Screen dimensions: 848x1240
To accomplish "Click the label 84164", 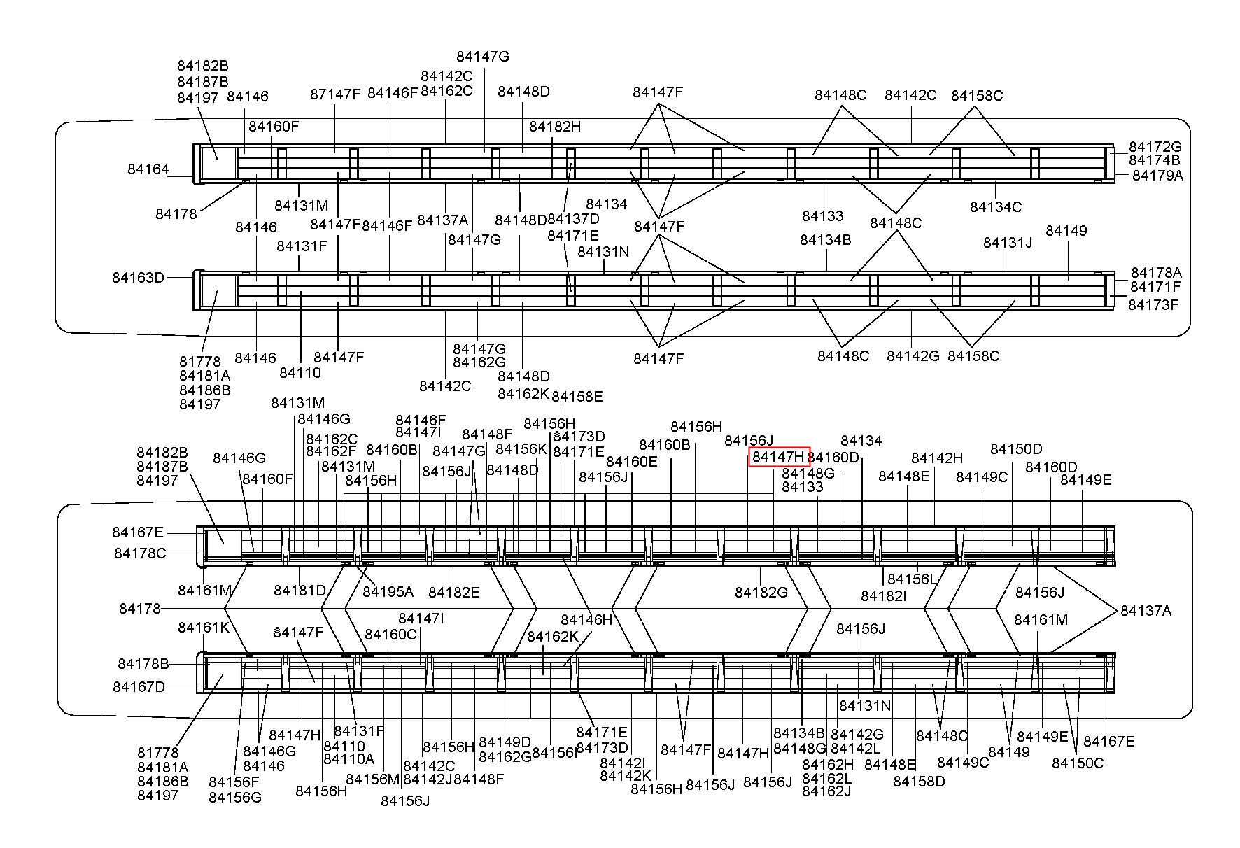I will pos(148,169).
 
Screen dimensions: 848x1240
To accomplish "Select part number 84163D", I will pos(138,278).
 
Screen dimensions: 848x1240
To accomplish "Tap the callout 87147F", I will pos(335,94).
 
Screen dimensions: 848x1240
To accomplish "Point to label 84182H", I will pos(555,127).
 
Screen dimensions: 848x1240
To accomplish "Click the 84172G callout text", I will pos(1155,147).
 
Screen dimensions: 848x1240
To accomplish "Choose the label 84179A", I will pos(1157,176).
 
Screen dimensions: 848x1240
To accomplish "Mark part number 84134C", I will pos(995,207).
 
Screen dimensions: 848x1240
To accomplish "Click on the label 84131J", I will pos(1008,243).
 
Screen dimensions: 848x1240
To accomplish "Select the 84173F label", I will pos(1153,305).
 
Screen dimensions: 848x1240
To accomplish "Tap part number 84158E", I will pos(577,397).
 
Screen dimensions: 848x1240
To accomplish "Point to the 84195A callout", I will pos(388,592).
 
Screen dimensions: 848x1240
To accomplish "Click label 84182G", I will pos(761,593).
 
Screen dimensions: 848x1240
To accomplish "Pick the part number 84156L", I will pos(911,579).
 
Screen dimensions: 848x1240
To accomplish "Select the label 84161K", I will pos(204,628).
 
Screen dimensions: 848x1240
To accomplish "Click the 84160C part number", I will pos(390,635).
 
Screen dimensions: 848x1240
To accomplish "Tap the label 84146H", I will pos(586,620).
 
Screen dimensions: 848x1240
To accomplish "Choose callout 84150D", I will pos(1016,449).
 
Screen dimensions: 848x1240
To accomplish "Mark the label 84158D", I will pos(919,782).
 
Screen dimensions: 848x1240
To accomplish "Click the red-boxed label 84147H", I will pos(779,457).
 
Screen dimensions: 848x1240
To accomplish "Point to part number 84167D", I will pos(139,687).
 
